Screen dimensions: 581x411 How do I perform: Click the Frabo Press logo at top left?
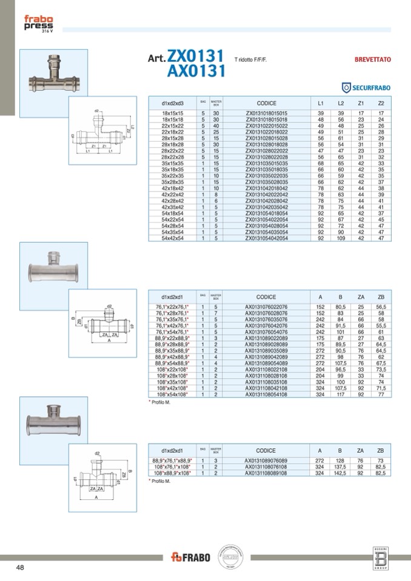point(38,24)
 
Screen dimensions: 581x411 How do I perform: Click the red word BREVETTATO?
point(372,60)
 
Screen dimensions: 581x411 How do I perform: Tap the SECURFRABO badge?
point(366,88)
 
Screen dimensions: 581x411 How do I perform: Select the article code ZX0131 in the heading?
point(198,56)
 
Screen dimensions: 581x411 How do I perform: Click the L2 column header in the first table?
point(341,103)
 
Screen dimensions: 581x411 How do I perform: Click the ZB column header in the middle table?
point(381,297)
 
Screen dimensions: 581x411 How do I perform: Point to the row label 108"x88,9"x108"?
point(173,473)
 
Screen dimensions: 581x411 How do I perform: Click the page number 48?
point(21,567)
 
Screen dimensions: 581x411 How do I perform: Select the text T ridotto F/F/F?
point(251,60)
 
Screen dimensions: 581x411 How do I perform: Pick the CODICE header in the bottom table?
point(266,451)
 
